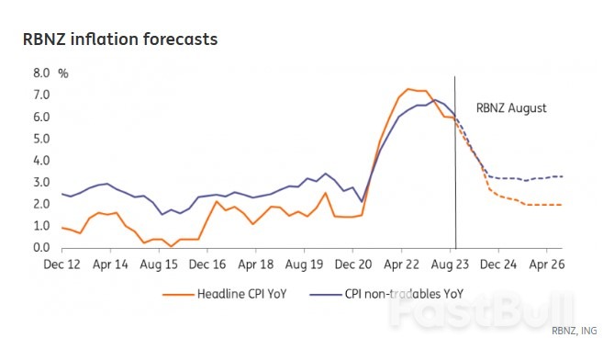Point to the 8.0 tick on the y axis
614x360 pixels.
coord(41,72)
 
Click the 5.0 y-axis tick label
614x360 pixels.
coord(41,138)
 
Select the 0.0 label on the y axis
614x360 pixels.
coord(41,248)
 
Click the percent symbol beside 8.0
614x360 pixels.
coord(63,72)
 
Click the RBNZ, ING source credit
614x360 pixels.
coord(577,330)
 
